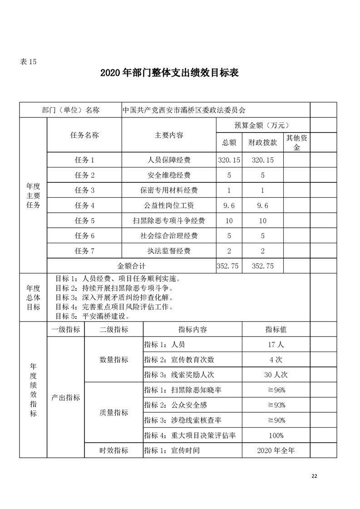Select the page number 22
pos(314,475)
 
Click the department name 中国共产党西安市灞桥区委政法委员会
pos(184,110)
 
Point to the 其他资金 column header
pos(297,142)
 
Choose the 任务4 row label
pos(84,206)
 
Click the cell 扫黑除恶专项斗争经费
pos(169,221)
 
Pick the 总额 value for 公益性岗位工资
pos(229,206)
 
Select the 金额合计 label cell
pos(131,266)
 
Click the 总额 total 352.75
pos(229,266)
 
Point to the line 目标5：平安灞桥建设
pos(93,316)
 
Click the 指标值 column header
pos(276,329)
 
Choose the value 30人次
pos(276,375)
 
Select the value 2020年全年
pos(276,450)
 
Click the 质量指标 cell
pos(113,412)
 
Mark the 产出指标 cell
pos(66,397)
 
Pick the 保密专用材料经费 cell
pos(169,190)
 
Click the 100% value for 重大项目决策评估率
pos(276,436)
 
